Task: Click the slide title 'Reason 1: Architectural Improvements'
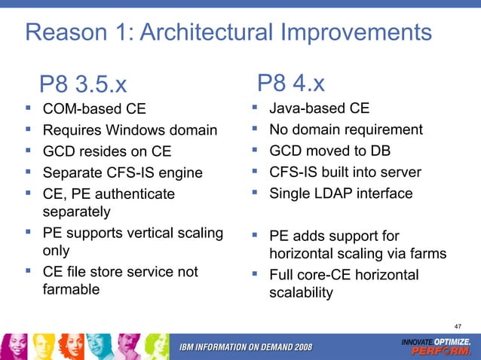pos(228,32)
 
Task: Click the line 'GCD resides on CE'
pos(106,151)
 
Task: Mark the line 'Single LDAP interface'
pos(341,194)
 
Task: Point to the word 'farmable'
pos(71,288)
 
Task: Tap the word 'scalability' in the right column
pos(301,294)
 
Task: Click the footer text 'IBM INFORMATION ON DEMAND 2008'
pos(245,346)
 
